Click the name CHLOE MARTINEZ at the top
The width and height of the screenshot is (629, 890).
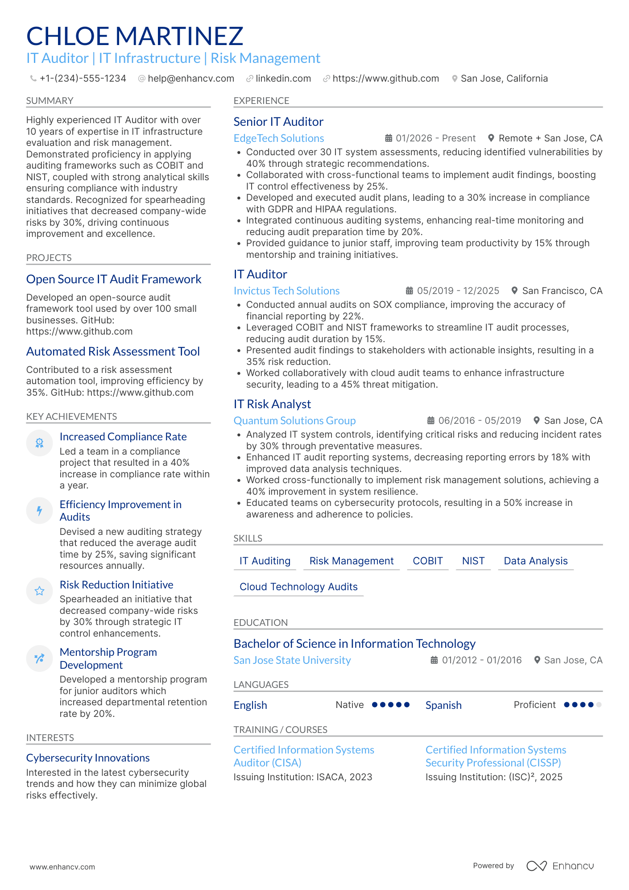click(x=135, y=36)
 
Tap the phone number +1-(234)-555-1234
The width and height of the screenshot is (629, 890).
click(x=83, y=79)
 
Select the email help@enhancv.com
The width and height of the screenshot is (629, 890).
click(x=190, y=79)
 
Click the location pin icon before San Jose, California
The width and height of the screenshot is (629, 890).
click(x=455, y=79)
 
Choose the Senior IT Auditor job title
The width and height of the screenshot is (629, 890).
click(x=278, y=122)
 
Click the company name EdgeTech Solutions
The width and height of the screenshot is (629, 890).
click(x=279, y=138)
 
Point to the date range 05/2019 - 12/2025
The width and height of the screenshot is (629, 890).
click(x=458, y=291)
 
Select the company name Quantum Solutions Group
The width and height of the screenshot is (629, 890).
click(x=294, y=421)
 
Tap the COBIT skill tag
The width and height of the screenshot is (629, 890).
click(x=427, y=561)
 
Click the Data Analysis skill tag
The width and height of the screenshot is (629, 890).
click(x=535, y=561)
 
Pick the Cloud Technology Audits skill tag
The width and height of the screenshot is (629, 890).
click(x=298, y=587)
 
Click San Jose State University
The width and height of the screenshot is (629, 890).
click(x=292, y=660)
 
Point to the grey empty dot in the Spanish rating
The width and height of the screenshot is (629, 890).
click(x=599, y=705)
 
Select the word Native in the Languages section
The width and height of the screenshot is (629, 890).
click(x=349, y=705)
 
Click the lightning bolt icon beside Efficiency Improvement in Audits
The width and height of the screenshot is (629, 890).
click(x=39, y=511)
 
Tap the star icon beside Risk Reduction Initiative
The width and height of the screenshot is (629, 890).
click(x=39, y=591)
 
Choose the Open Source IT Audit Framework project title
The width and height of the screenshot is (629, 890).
click(x=114, y=279)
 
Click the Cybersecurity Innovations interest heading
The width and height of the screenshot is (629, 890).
click(x=88, y=758)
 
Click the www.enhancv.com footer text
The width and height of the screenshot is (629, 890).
click(x=62, y=867)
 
